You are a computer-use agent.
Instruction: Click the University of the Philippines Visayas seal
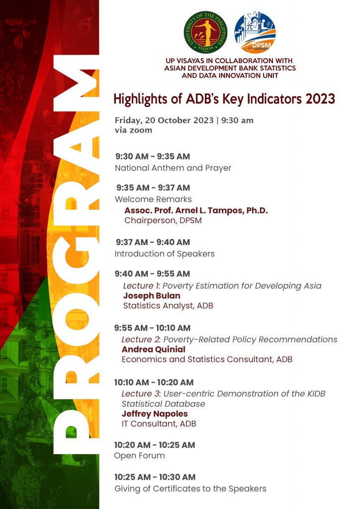click(205, 32)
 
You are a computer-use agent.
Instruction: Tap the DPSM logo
click(255, 32)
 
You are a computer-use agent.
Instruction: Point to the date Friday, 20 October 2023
click(164, 120)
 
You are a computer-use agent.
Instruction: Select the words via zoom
click(133, 130)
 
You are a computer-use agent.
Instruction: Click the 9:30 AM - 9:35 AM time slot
click(153, 157)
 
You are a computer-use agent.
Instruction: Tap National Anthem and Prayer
click(173, 168)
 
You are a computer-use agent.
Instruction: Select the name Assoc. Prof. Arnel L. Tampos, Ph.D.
click(196, 210)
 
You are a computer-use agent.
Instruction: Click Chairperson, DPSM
click(163, 220)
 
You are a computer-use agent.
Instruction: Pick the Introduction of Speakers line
click(165, 254)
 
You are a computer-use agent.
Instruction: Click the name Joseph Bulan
click(152, 296)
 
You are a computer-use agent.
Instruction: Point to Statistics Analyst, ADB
click(168, 306)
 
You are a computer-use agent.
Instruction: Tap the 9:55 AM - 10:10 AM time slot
click(152, 328)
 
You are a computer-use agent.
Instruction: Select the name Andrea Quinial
click(154, 349)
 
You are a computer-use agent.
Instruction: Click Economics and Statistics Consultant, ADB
click(207, 359)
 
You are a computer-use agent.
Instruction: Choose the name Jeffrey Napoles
click(155, 414)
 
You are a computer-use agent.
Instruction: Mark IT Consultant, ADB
click(159, 424)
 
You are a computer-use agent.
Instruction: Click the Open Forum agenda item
click(139, 456)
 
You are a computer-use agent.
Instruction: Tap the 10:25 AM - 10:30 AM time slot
click(155, 477)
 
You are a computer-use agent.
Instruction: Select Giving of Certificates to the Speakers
click(190, 489)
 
